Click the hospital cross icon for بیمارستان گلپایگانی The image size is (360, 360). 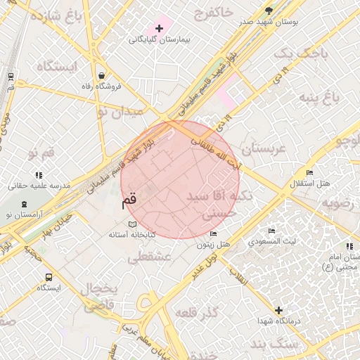pyautogui.click(x=160, y=29)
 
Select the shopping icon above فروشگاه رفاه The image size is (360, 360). pyautogui.click(x=103, y=75)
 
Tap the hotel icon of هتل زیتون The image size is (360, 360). pyautogui.click(x=214, y=234)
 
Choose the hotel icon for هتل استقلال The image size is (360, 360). pyautogui.click(x=309, y=173)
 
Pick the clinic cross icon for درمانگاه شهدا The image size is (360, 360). pyautogui.click(x=279, y=309)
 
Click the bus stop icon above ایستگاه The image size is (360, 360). pyautogui.click(x=49, y=277)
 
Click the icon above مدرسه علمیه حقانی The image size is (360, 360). pyautogui.click(x=39, y=174)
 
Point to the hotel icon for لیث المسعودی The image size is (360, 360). pyautogui.click(x=272, y=231)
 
